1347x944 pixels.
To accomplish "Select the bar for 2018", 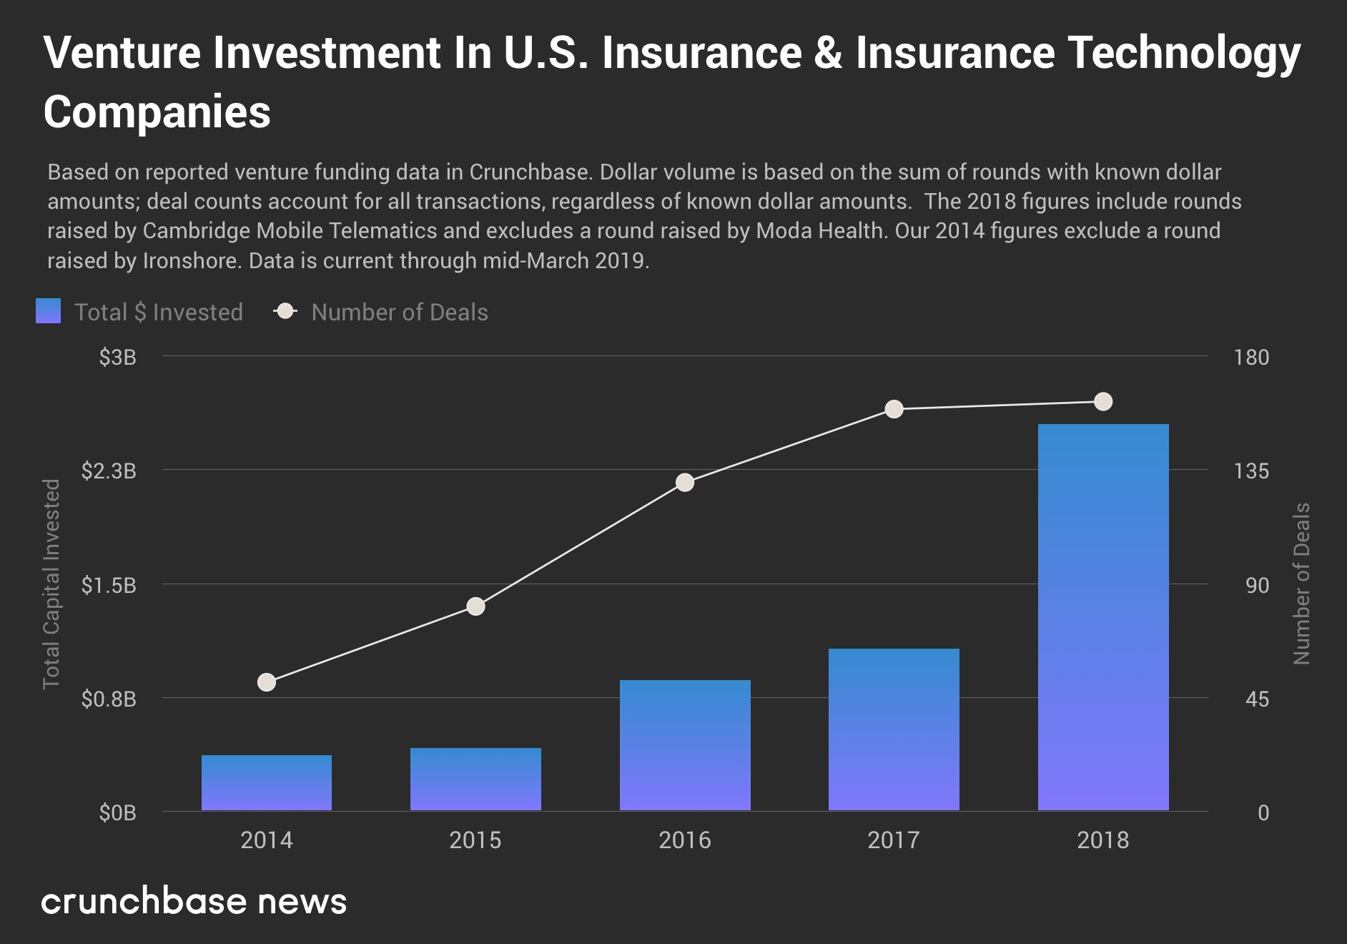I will [x=1103, y=616].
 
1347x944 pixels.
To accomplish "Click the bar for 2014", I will [x=267, y=782].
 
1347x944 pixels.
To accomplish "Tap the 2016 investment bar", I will [x=685, y=744].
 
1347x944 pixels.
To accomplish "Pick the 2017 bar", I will [x=894, y=729].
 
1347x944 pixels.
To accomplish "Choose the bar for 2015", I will [x=475, y=779].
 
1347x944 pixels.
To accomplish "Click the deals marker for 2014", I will [x=267, y=682].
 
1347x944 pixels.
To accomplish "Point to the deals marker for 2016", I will [x=685, y=483].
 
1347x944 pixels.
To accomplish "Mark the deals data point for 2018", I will [x=1103, y=402].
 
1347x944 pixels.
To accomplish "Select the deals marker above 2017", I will [x=894, y=409].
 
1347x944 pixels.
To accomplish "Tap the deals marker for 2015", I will [x=475, y=606].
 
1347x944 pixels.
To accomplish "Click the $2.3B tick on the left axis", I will [x=109, y=471].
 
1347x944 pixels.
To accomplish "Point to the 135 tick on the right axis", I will [x=1251, y=471].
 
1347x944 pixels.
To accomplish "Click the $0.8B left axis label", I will [x=109, y=699].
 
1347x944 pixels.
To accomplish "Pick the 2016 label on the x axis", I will [x=685, y=840].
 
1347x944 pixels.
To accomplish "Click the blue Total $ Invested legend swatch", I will [x=49, y=311].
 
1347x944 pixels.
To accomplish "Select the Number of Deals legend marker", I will [x=286, y=311].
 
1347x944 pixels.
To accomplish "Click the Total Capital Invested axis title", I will [x=51, y=584].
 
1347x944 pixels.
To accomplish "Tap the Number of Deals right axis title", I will [x=1301, y=584].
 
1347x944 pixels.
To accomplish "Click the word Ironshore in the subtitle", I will [x=189, y=260].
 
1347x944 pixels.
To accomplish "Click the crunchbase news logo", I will [x=194, y=901].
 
